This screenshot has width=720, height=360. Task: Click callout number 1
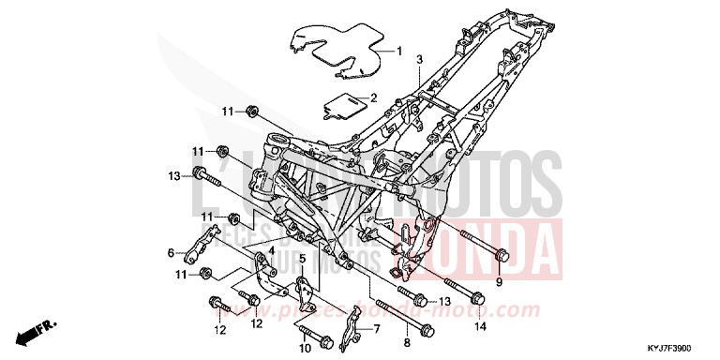click(x=398, y=52)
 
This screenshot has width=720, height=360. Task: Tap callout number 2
click(x=372, y=97)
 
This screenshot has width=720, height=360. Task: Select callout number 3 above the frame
click(x=420, y=59)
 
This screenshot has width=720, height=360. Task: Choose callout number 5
click(x=303, y=258)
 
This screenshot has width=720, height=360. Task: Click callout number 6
click(x=171, y=252)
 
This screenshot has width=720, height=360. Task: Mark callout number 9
click(x=499, y=281)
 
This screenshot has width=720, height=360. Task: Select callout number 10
click(x=305, y=349)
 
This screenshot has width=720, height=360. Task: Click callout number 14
click(x=481, y=327)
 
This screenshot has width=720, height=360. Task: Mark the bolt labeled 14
click(x=461, y=292)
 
